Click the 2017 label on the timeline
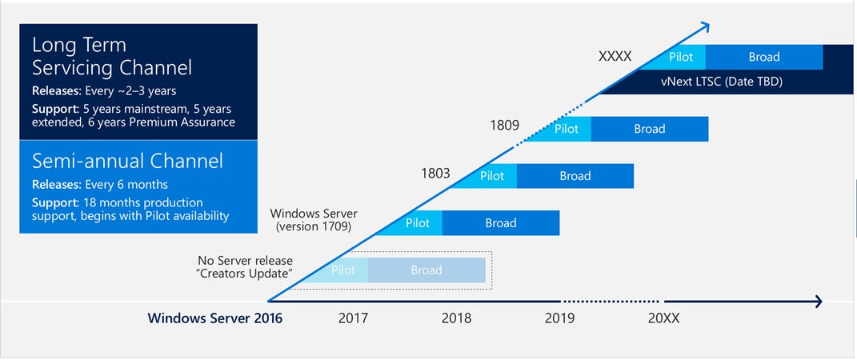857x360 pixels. (x=353, y=318)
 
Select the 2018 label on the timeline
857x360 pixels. (x=456, y=318)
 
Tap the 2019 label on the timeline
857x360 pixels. (x=559, y=318)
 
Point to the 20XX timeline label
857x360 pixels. (x=663, y=318)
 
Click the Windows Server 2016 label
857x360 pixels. (x=214, y=318)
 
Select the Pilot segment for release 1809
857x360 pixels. (x=567, y=129)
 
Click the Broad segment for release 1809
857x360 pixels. (x=649, y=129)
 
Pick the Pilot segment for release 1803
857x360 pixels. (x=492, y=176)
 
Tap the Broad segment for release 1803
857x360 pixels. (x=575, y=176)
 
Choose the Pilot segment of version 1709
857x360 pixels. (x=417, y=223)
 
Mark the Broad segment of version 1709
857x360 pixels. (x=500, y=223)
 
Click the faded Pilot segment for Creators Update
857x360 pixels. (x=342, y=270)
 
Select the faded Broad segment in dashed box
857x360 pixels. (x=426, y=270)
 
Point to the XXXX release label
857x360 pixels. (x=615, y=57)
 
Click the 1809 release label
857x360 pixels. (x=505, y=126)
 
